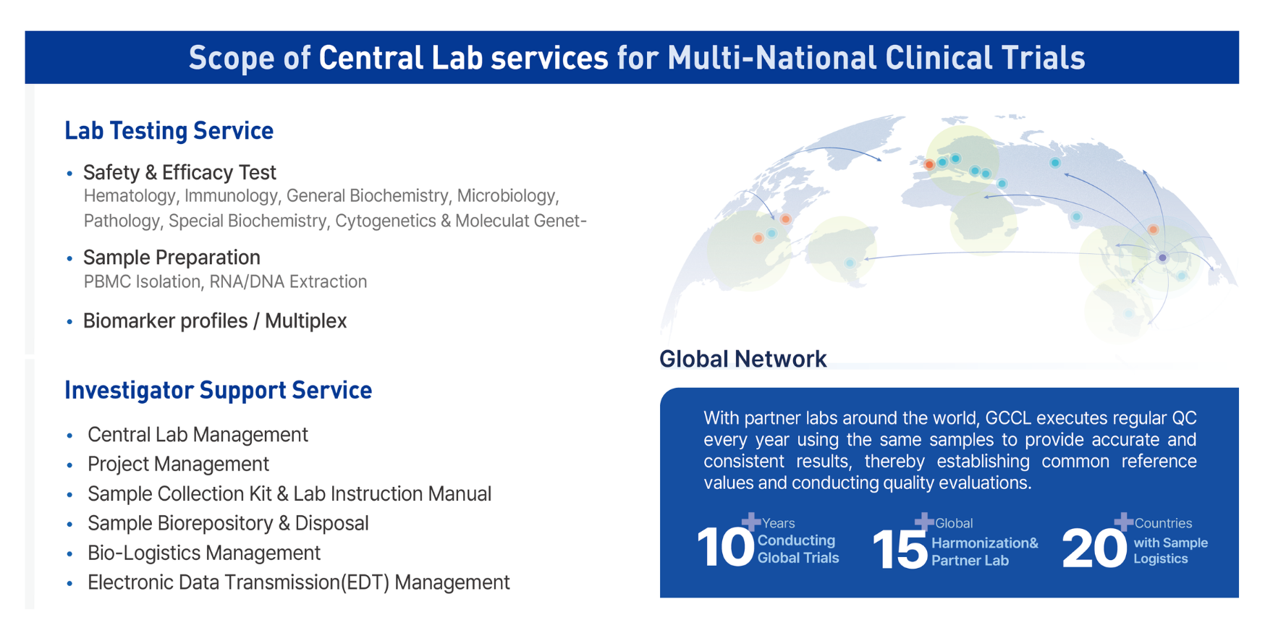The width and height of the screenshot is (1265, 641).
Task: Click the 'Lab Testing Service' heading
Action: click(x=169, y=131)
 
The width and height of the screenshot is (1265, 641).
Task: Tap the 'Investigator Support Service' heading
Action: click(x=218, y=391)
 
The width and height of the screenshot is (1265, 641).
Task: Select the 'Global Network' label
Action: click(x=742, y=359)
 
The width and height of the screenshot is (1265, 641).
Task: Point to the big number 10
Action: click(x=725, y=547)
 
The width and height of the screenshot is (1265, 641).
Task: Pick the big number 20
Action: click(x=1093, y=548)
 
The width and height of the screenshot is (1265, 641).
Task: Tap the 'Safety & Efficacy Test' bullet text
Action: click(x=179, y=172)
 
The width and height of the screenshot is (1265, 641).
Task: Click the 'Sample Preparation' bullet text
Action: click(x=172, y=258)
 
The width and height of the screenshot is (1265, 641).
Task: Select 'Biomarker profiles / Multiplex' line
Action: click(x=215, y=321)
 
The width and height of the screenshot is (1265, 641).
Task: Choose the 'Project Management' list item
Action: click(x=178, y=464)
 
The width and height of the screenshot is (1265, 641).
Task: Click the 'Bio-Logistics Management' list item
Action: click(x=204, y=553)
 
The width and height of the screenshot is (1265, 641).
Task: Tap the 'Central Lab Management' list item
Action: click(x=198, y=434)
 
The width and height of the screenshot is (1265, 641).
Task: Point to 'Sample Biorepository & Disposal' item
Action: click(x=228, y=523)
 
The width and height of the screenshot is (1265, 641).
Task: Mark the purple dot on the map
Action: click(x=1162, y=258)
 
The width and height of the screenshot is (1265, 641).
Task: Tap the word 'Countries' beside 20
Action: click(x=1163, y=523)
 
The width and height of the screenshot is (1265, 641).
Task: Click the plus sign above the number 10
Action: click(x=751, y=521)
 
